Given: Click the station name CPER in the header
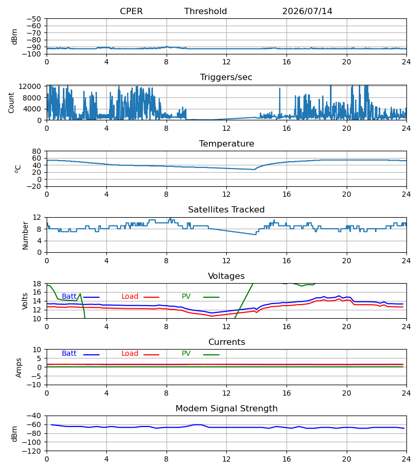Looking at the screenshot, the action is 131,11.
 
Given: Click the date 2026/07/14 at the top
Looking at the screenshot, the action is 307,11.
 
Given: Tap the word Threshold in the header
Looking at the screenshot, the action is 205,11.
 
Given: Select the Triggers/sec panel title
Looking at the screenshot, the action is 226,77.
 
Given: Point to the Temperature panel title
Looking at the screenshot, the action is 226,143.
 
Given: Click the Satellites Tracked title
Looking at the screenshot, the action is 226,210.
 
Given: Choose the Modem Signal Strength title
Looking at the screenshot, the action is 226,409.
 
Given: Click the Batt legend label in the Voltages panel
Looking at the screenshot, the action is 69,297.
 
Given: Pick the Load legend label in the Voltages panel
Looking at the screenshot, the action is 130,297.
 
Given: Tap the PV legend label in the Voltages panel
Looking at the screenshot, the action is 186,297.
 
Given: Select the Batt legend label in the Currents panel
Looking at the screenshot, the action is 69,354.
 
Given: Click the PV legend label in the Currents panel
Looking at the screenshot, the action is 186,354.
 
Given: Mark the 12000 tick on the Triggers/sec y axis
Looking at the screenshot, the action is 30,86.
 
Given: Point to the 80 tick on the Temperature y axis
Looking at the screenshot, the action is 37,151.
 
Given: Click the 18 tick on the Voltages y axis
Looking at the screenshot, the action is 37,284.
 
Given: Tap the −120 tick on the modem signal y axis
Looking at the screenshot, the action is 32,451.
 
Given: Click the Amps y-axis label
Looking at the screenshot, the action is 19,367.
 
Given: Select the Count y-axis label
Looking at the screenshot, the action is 12,103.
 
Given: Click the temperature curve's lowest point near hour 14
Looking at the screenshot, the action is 255,170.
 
